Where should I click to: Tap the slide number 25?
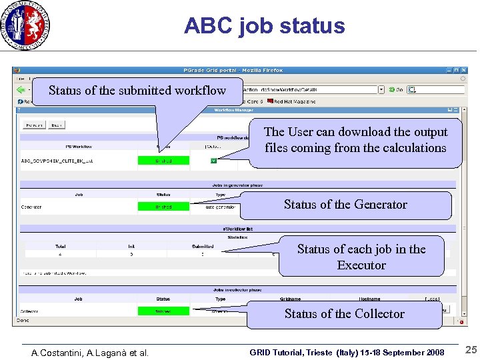click(x=471, y=350)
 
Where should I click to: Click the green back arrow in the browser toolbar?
click(x=21, y=89)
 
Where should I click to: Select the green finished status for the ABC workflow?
click(x=163, y=160)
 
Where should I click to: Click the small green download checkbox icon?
click(x=213, y=160)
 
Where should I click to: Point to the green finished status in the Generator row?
click(x=163, y=207)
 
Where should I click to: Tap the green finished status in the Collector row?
click(x=163, y=311)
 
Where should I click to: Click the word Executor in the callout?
click(x=361, y=265)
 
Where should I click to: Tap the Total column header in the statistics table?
click(x=61, y=246)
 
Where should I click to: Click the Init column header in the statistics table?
click(x=131, y=246)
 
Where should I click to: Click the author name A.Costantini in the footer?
click(x=59, y=353)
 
